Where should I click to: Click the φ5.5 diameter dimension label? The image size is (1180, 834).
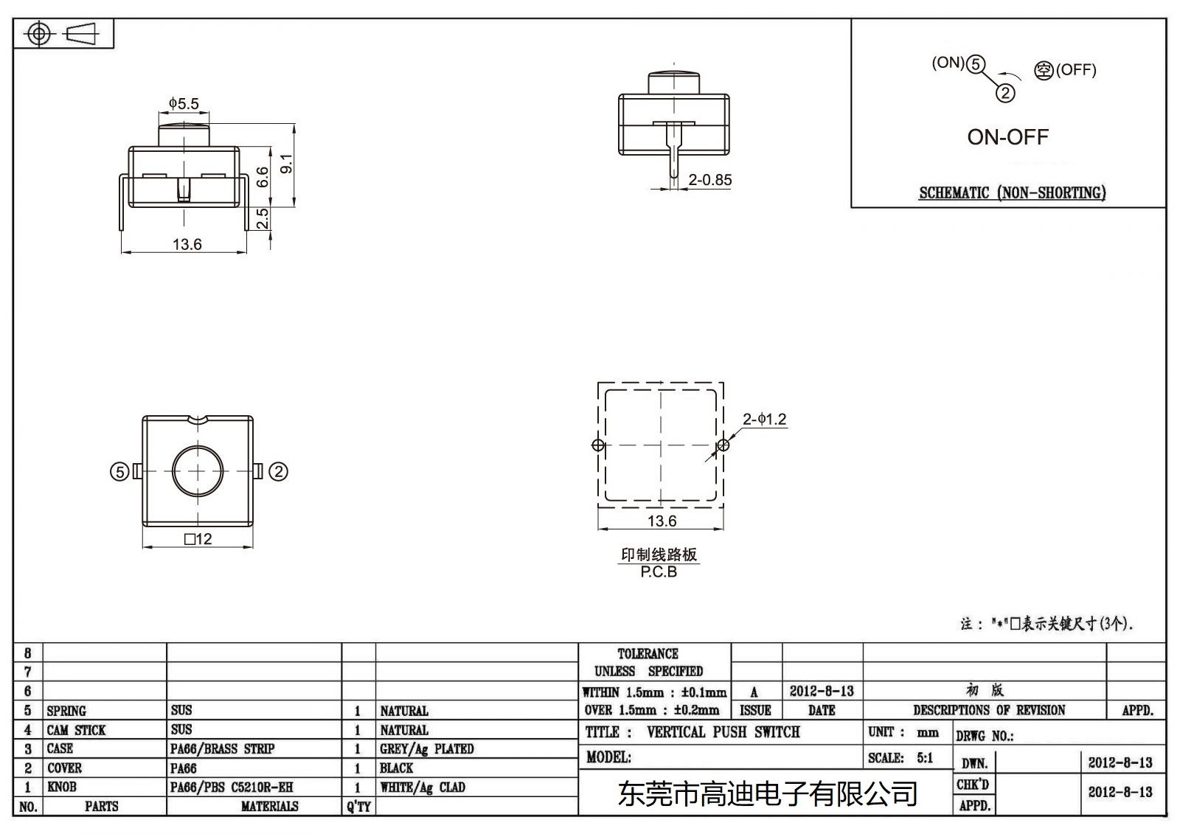[x=184, y=104]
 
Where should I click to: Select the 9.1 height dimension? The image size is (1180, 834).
[x=287, y=164]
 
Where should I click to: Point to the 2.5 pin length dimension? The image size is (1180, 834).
[x=263, y=218]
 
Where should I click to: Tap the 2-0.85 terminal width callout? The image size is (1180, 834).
[x=709, y=180]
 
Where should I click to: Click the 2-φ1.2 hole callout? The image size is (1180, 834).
[x=764, y=420]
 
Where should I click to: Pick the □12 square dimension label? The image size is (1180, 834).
[x=198, y=539]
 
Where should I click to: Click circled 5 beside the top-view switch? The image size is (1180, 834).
[x=119, y=472]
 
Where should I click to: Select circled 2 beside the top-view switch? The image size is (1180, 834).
[x=278, y=472]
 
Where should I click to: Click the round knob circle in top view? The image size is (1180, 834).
[x=198, y=471]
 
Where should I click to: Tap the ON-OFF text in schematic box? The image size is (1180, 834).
[x=1007, y=137]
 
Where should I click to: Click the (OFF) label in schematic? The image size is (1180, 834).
[x=1076, y=70]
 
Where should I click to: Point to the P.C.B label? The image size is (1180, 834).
[x=659, y=572]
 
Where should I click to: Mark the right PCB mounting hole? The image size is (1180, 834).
[x=723, y=445]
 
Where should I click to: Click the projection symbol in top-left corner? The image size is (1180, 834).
[x=63, y=34]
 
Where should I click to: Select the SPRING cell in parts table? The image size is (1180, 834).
[x=66, y=711]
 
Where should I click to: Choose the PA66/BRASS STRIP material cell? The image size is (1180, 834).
[x=222, y=749]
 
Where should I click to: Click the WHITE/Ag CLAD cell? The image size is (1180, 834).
[x=423, y=788]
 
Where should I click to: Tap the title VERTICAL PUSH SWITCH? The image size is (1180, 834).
[x=723, y=732]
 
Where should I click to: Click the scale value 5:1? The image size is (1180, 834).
[x=924, y=758]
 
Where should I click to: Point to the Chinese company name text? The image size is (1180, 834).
[x=767, y=794]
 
